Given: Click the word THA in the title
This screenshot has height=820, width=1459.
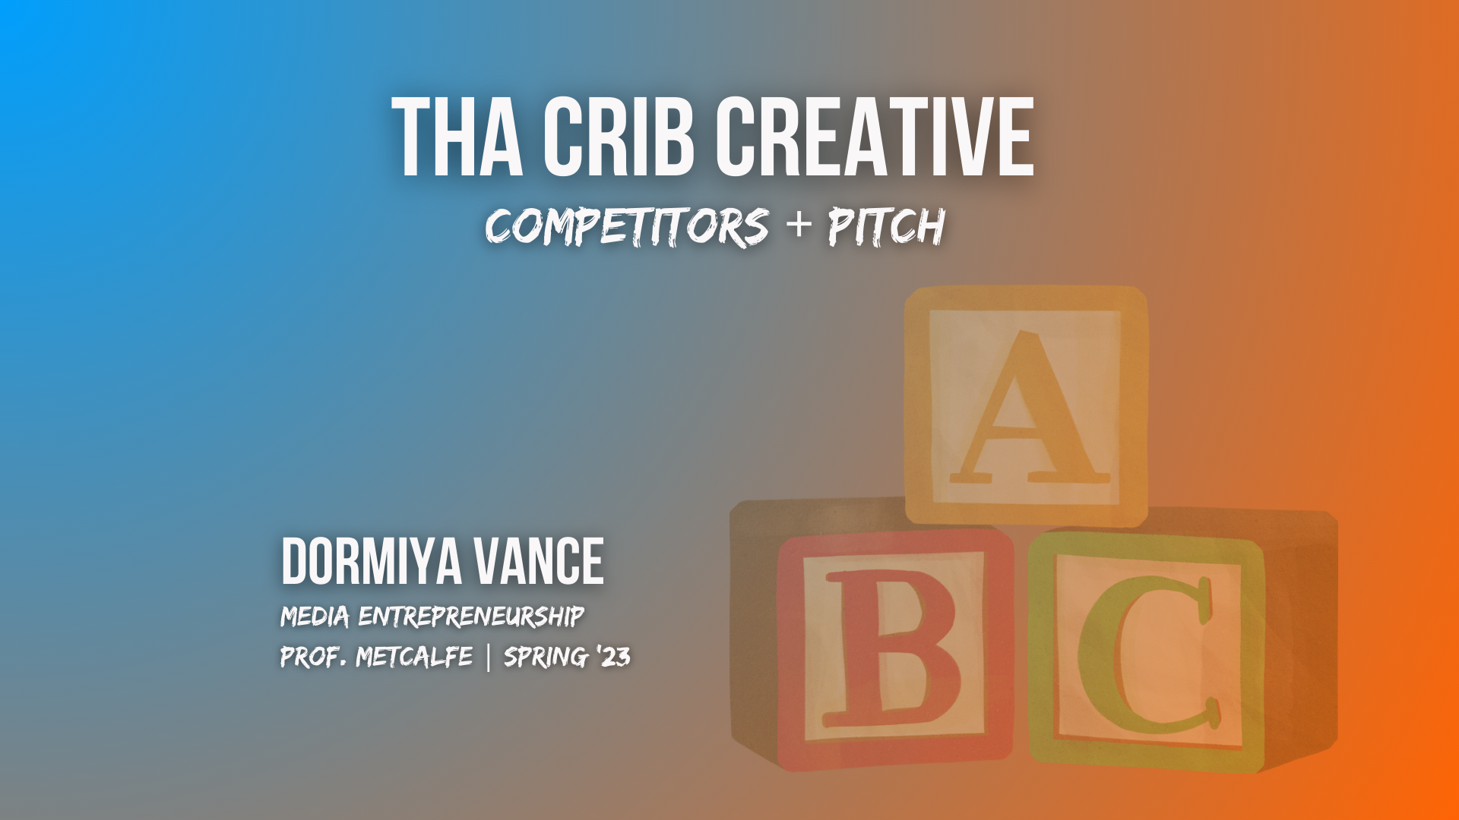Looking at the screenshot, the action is click(457, 137).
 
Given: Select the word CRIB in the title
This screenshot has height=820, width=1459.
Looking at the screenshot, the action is click(618, 137).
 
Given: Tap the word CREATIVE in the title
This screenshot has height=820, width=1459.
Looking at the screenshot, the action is click(875, 137).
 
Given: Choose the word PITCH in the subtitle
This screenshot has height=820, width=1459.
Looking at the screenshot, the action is click(886, 226).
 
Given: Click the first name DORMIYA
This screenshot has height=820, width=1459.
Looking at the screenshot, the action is click(372, 561).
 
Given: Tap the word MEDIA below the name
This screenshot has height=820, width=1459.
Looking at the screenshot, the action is click(315, 617).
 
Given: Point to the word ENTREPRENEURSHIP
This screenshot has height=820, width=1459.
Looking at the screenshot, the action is click(471, 617).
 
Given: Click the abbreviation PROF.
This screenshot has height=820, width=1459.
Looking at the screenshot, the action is click(313, 657).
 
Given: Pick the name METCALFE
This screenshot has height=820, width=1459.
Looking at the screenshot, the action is click(414, 657).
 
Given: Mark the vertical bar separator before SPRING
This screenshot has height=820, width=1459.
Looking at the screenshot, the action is click(488, 657).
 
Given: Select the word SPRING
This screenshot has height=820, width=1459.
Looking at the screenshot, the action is click(546, 657).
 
